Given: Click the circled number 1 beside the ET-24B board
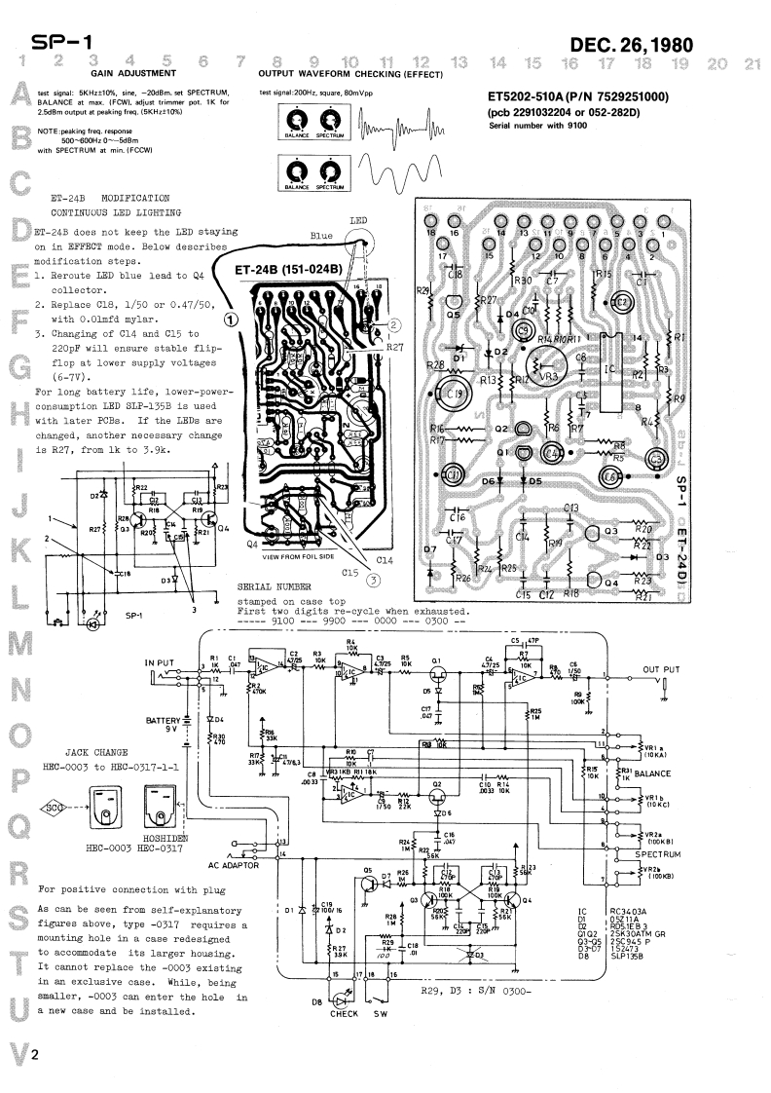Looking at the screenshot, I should coord(231,318).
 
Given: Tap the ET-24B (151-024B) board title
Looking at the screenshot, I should coord(288,269).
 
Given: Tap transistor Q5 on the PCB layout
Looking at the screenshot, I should coord(452,314).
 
